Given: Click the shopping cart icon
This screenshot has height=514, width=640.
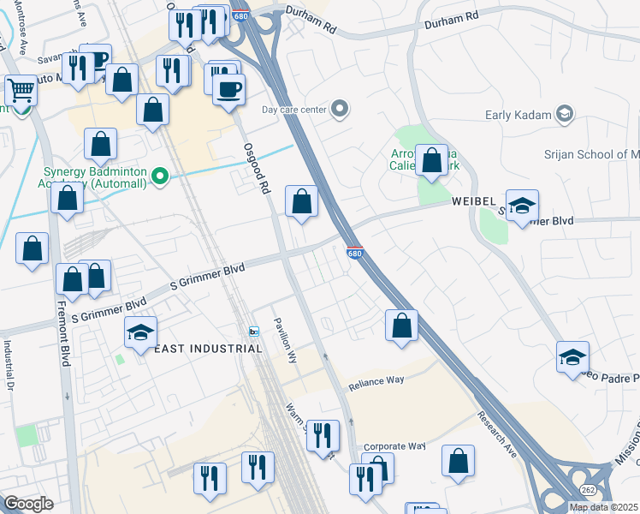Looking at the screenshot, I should click(21, 88).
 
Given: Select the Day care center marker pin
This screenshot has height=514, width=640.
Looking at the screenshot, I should click(341, 109).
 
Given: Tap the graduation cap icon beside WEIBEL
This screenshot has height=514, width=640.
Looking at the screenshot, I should click(522, 206).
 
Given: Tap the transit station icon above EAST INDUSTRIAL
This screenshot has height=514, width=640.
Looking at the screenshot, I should click(253, 332).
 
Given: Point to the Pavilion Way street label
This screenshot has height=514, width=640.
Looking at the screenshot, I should click(284, 341).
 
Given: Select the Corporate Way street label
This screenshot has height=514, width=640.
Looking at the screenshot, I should click(394, 446).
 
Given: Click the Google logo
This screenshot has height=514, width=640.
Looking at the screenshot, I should click(28, 503).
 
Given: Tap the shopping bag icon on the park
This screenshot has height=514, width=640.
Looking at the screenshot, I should click(432, 159).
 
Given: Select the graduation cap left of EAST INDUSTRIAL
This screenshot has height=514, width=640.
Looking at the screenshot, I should click(141, 332).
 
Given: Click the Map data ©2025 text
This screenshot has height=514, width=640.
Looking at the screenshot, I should click(603, 507).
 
